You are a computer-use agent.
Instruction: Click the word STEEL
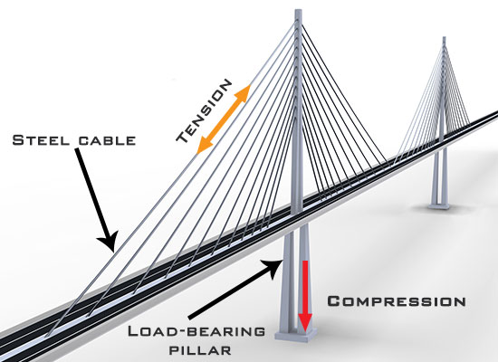[41, 140]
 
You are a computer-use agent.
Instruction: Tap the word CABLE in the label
[108, 140]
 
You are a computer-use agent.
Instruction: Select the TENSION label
[204, 110]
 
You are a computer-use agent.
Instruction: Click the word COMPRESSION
[397, 300]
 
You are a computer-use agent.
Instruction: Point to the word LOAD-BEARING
[196, 331]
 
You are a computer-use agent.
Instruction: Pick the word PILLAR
[200, 350]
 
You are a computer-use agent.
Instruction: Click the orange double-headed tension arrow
[223, 119]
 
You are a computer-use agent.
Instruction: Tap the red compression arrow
[305, 296]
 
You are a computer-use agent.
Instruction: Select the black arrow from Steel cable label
[96, 199]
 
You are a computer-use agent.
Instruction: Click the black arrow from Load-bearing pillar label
[235, 289]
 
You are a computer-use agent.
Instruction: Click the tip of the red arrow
[305, 332]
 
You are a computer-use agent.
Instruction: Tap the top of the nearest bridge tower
[298, 10]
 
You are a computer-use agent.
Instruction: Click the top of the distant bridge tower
[444, 37]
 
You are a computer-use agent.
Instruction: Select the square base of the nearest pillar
[296, 335]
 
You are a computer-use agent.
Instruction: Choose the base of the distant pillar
[438, 205]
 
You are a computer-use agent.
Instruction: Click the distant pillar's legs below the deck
[438, 176]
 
